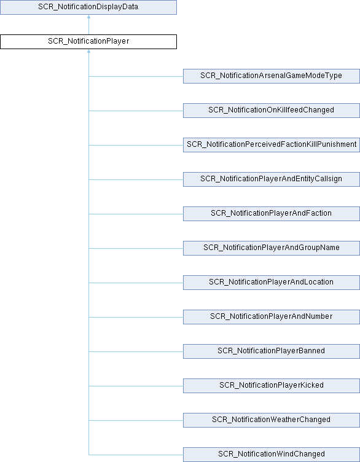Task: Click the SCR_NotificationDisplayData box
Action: click(x=88, y=7)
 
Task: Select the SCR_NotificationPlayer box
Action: click(x=88, y=42)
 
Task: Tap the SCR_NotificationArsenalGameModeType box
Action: click(x=272, y=76)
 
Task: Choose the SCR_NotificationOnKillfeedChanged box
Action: click(x=272, y=111)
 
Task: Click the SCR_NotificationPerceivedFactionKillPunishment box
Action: click(x=272, y=144)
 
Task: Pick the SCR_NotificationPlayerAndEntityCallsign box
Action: click(x=272, y=179)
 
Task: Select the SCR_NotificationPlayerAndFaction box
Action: click(x=272, y=214)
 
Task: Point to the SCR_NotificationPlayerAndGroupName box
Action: click(x=272, y=248)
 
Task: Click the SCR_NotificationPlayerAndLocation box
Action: click(x=272, y=283)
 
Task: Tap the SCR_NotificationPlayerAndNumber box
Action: click(x=272, y=317)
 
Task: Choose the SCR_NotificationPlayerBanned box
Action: click(x=272, y=351)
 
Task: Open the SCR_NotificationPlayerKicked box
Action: click(x=272, y=386)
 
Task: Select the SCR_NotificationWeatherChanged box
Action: click(x=272, y=420)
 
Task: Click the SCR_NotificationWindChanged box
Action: click(x=272, y=455)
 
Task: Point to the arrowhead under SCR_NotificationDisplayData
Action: click(x=88, y=17)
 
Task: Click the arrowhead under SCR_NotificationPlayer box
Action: click(x=88, y=51)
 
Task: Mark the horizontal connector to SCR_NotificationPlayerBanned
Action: click(x=136, y=351)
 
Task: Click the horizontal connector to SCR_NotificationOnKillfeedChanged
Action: click(x=136, y=111)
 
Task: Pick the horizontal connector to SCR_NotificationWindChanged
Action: click(x=136, y=455)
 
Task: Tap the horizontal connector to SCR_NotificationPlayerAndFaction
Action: click(x=136, y=214)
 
